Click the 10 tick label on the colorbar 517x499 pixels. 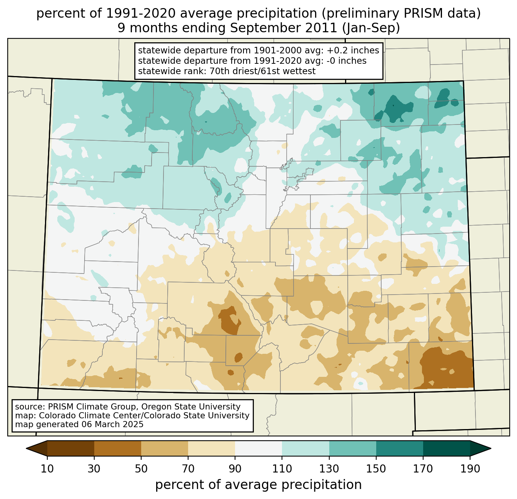[47, 469]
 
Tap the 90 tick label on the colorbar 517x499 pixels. [235, 469]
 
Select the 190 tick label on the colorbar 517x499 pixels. [470, 469]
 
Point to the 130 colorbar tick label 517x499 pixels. [329, 469]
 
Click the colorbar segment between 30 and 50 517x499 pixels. [118, 448]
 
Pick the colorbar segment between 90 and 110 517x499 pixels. [258, 448]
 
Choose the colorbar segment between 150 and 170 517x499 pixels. [400, 448]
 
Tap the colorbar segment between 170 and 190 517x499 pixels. [447, 448]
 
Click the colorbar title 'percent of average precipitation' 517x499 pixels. [258, 485]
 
